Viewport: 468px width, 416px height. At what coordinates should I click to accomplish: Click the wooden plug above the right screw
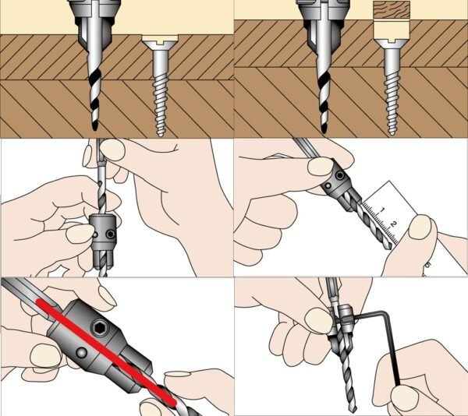tap(392, 9)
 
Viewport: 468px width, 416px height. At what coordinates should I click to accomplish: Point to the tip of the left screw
tap(161, 135)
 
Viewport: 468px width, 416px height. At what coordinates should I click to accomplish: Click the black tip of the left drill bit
tap(95, 126)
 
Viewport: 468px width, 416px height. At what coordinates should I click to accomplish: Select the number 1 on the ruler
tap(381, 210)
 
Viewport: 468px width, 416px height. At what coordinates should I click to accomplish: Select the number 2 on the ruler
tap(394, 224)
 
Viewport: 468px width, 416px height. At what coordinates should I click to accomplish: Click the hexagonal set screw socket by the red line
tap(99, 327)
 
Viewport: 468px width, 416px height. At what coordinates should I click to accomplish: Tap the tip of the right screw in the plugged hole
tap(392, 133)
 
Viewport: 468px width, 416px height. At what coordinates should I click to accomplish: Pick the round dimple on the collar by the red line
tap(81, 353)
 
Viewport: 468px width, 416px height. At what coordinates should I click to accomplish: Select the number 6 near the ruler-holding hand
tap(427, 265)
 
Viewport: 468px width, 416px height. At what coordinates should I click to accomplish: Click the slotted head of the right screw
tap(392, 43)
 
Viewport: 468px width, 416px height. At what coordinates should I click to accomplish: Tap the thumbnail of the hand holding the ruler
tap(420, 227)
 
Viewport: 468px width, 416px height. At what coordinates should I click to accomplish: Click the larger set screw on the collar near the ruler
tap(339, 175)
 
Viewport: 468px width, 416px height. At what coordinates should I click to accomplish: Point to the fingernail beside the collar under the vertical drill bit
tap(80, 234)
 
